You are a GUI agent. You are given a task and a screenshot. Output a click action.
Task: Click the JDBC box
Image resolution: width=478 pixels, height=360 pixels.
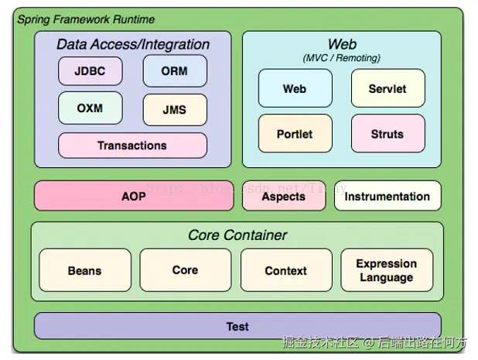coord(90,71)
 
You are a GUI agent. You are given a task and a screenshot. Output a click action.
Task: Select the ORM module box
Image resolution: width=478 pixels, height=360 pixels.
coord(175,71)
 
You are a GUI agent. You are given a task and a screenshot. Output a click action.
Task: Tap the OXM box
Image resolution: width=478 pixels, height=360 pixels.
coord(90,108)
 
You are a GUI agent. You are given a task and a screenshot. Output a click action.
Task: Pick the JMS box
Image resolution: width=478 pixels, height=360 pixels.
coord(175,110)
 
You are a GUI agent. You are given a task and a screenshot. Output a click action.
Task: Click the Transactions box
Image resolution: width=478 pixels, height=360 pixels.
coord(132,146)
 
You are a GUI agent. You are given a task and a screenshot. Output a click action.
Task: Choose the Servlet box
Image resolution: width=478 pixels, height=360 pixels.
coord(388,88)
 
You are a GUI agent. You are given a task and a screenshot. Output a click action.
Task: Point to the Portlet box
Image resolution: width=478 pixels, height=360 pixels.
coord(295,134)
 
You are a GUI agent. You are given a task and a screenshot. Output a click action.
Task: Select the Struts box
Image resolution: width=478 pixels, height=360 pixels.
coord(388,134)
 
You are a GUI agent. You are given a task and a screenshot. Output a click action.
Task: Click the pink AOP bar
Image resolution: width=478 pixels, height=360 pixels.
coord(133,197)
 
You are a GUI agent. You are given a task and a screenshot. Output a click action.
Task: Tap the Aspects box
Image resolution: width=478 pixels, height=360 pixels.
coord(284,197)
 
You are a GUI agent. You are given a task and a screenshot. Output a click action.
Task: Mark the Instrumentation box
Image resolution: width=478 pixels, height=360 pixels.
coord(388,197)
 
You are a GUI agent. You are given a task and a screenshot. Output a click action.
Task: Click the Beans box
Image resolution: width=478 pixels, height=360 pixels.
coord(84,270)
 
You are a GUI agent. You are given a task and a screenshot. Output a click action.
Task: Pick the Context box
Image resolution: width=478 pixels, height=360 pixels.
coord(285,270)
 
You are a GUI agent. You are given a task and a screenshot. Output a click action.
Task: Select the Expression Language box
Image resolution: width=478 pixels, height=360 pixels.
coord(386,270)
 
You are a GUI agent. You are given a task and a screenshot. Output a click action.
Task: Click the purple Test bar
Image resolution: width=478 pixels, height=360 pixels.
coord(237,326)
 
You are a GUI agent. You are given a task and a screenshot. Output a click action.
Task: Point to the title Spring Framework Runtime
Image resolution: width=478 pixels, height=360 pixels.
coord(86,19)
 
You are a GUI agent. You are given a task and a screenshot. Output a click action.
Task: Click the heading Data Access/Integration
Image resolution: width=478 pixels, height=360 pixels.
coord(133,45)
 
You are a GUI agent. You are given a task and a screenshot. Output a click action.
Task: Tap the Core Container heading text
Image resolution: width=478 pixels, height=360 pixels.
coord(237,235)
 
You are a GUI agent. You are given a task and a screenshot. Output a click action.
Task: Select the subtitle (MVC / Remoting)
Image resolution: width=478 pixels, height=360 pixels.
coord(342,58)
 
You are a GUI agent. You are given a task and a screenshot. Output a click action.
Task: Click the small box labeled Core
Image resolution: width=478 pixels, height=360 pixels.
coord(185,270)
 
